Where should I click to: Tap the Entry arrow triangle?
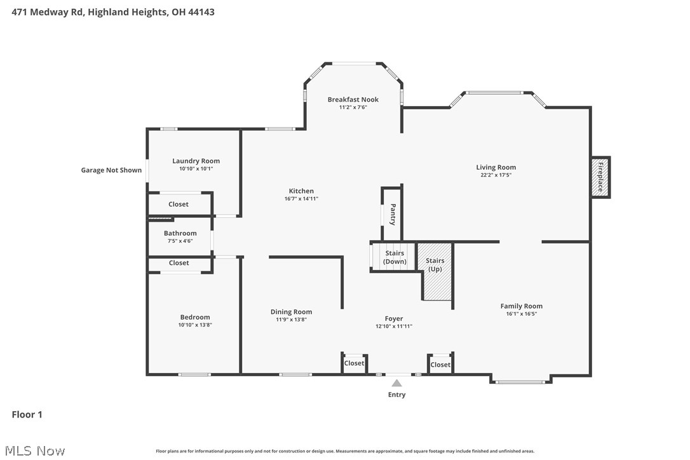(396, 383)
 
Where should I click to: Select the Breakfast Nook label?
(353, 100)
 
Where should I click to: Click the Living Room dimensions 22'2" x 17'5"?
(496, 175)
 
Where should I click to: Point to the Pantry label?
(393, 214)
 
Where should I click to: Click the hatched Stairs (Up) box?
(435, 271)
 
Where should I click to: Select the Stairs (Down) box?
(394, 257)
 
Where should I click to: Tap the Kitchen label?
(301, 191)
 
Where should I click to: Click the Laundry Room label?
(196, 161)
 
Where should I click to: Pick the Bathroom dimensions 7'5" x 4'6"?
(180, 241)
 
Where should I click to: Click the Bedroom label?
(194, 317)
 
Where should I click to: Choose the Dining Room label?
(291, 312)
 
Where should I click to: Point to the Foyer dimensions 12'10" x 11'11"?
(394, 326)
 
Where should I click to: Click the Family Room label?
(521, 306)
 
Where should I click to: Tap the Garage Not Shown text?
(111, 170)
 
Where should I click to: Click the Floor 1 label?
(27, 415)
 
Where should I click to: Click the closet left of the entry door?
(354, 363)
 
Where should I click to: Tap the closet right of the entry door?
(440, 365)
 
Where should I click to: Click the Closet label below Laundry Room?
(179, 205)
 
